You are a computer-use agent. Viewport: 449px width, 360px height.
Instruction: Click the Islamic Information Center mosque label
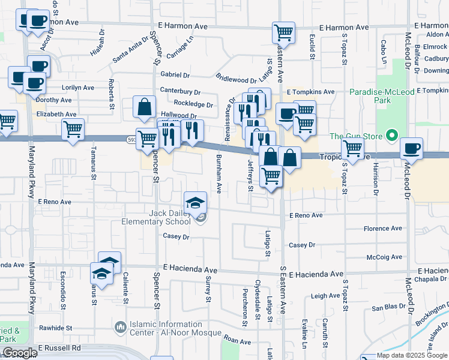[166, 328]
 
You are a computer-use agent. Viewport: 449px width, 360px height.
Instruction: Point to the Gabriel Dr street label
[175, 75]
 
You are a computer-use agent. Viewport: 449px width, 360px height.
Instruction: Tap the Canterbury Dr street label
[179, 91]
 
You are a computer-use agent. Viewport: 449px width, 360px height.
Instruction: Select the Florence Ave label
[383, 229]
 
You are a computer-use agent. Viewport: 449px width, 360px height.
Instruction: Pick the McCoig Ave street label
[384, 257]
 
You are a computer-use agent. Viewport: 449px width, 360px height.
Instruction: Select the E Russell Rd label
[59, 347]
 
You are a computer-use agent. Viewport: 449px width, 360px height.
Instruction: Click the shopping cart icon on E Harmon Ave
[283, 32]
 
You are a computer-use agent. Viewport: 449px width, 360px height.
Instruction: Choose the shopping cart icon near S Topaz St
[352, 147]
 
